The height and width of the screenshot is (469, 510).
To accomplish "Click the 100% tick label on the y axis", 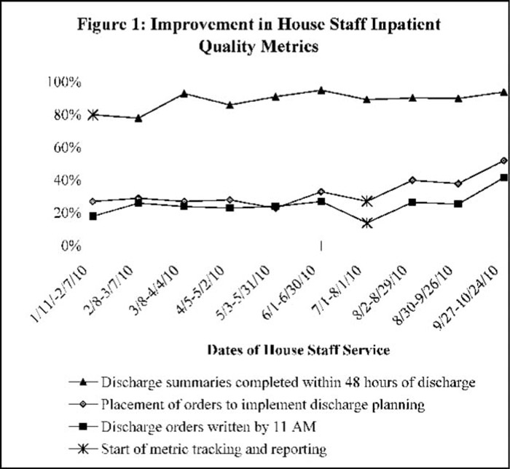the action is (64, 82).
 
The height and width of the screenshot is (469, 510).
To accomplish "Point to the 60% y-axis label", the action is (67, 148).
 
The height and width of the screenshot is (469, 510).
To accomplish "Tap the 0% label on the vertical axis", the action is (71, 246).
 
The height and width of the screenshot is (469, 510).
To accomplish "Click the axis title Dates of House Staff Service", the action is (299, 350).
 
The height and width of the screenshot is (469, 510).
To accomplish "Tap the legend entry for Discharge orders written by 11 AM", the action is (192, 427).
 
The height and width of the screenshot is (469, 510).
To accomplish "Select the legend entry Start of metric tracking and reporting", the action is (197, 449).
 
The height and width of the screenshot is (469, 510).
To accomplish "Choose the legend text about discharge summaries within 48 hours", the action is (272, 382).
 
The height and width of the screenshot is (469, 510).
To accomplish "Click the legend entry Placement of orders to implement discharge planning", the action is (247, 405).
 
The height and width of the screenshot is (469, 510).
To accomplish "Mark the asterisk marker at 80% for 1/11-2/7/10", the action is (93, 115).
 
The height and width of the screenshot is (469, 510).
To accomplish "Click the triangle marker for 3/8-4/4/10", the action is (184, 94).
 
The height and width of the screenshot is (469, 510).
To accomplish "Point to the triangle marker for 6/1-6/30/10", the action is (321, 90).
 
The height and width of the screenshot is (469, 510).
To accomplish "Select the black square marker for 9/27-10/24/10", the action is (504, 178).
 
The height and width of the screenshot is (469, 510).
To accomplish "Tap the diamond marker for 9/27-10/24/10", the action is (504, 160).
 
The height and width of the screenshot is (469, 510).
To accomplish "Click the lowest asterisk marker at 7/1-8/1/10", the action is (367, 224).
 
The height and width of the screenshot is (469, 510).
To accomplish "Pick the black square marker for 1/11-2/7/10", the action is (93, 216).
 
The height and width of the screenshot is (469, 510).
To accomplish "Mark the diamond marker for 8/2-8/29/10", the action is (412, 180).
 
